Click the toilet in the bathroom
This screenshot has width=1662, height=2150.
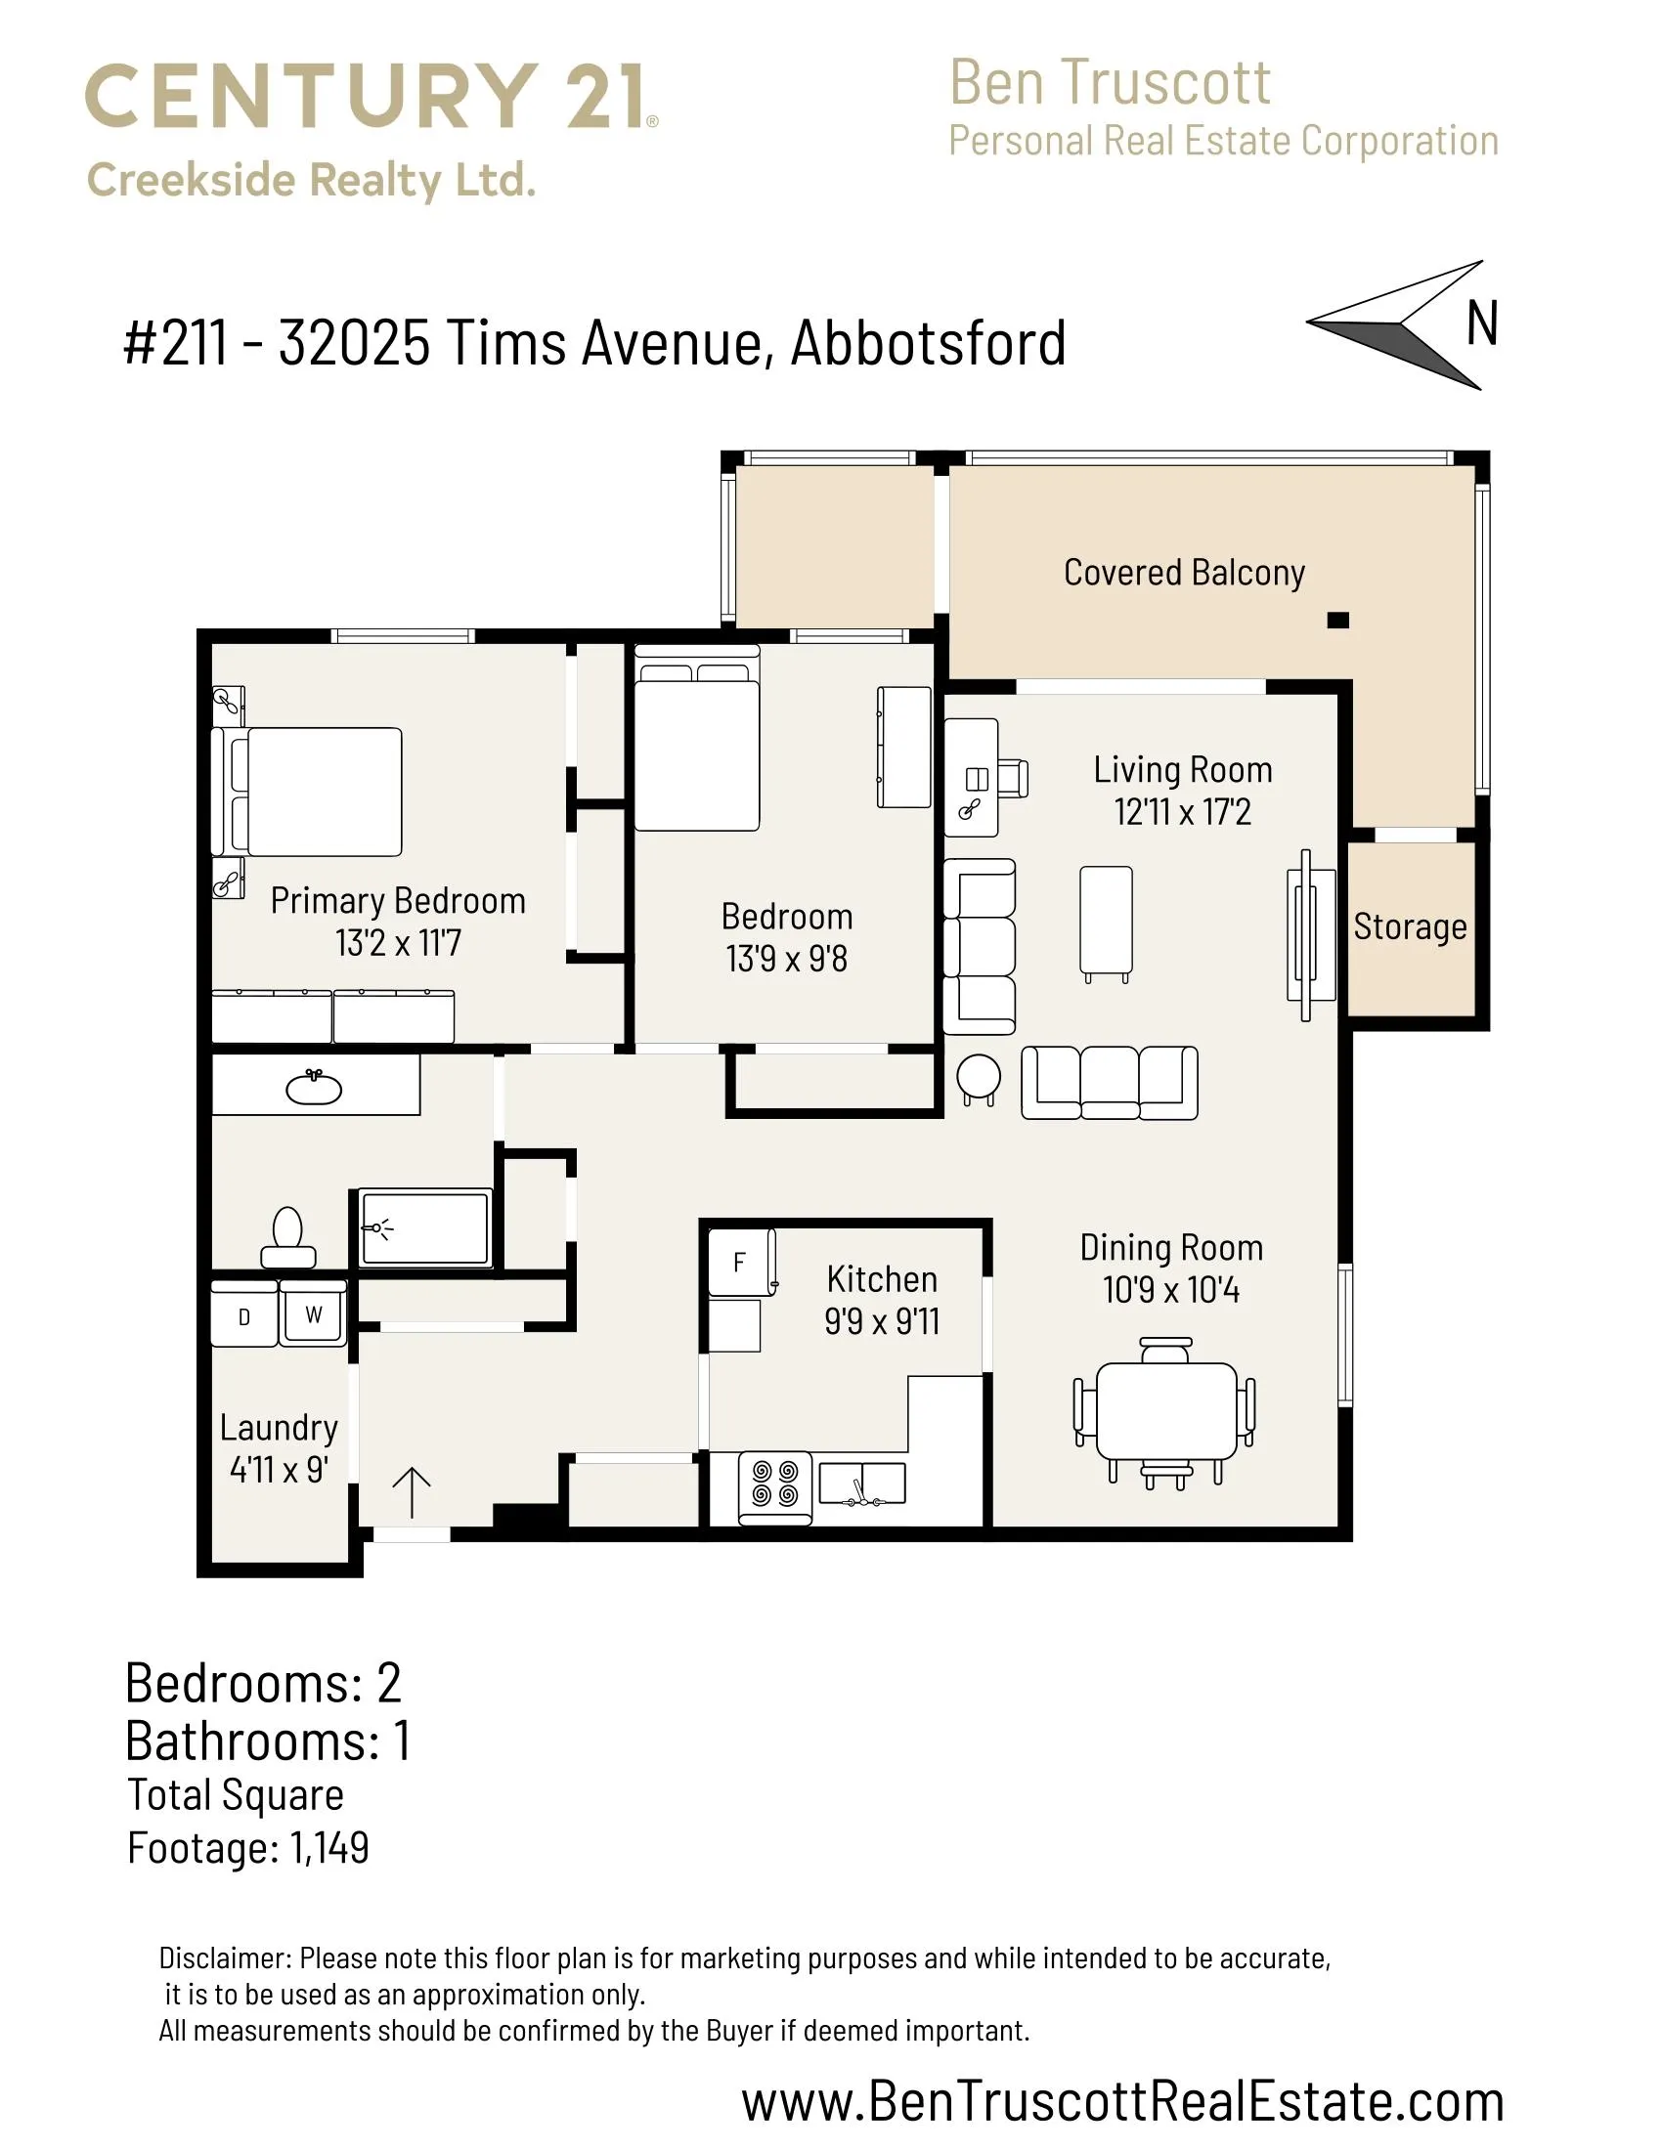coord(287,1237)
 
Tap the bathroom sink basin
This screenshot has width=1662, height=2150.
coord(314,1088)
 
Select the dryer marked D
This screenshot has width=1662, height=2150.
coord(244,1313)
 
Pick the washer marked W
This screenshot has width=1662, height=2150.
coord(313,1313)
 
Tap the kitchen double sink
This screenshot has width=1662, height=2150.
coord(861,1483)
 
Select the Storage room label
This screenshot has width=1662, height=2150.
coord(1410,926)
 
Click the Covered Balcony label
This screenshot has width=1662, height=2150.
coord(1185,572)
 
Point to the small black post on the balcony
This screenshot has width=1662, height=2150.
coord(1338,621)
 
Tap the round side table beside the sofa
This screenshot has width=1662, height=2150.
coord(979,1078)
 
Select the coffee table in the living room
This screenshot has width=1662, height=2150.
coord(1106,922)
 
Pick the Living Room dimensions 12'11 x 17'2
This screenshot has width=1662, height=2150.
coord(1183,812)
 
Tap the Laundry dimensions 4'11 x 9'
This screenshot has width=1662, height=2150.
coord(279,1470)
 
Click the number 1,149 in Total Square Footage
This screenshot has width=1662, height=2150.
coord(329,1848)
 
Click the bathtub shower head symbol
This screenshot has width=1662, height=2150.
coord(377,1228)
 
